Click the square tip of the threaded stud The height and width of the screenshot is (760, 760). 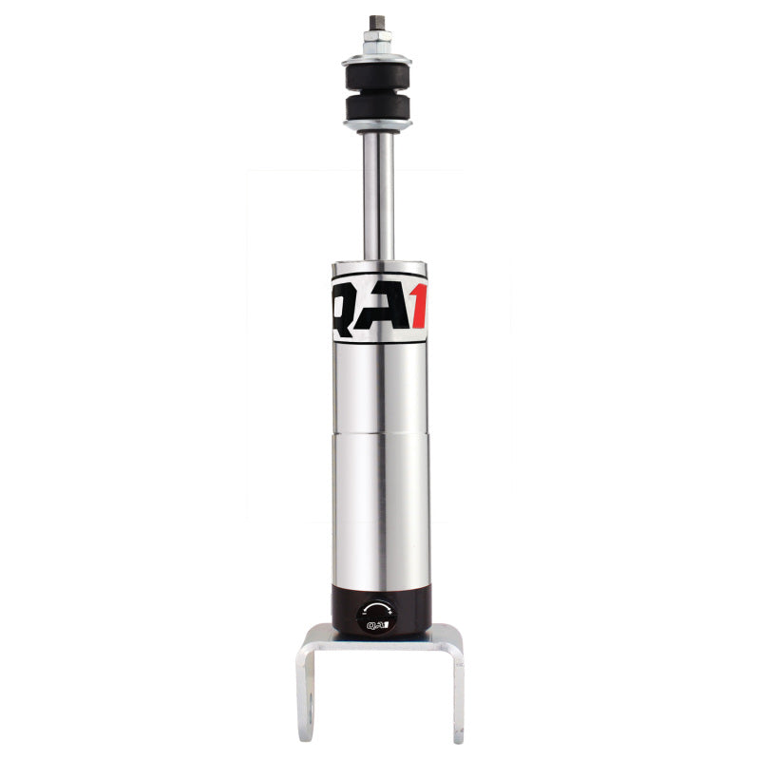[377, 21]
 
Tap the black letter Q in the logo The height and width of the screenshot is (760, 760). [350, 306]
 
